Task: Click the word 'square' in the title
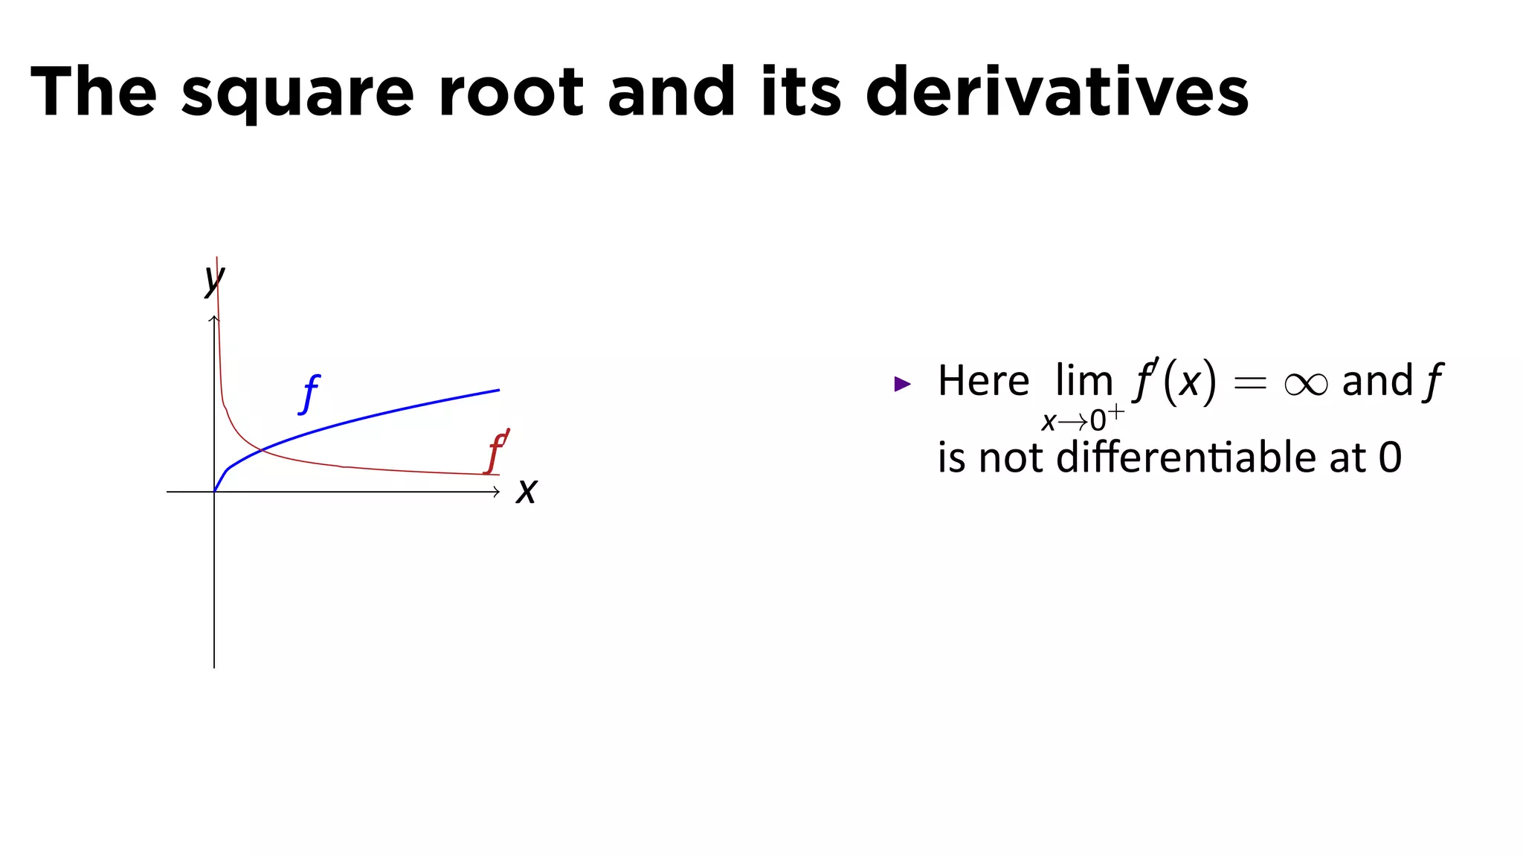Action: pyautogui.click(x=297, y=93)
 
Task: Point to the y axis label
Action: pyautogui.click(x=214, y=280)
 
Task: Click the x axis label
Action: pyautogui.click(x=527, y=492)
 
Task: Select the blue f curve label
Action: pyautogui.click(x=309, y=394)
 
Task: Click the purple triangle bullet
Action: pyautogui.click(x=902, y=384)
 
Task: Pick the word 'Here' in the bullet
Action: pyautogui.click(x=983, y=381)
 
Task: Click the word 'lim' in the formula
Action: pyautogui.click(x=1084, y=381)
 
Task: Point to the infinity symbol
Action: pyautogui.click(x=1305, y=384)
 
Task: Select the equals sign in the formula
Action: pyautogui.click(x=1249, y=384)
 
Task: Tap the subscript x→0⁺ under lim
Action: pyautogui.click(x=1082, y=420)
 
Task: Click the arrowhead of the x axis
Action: pyautogui.click(x=497, y=492)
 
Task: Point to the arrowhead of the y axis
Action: pyautogui.click(x=214, y=319)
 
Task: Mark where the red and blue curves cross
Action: pyautogui.click(x=260, y=449)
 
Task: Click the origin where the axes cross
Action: pyautogui.click(x=214, y=492)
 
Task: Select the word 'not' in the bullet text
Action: pyautogui.click(x=1011, y=458)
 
